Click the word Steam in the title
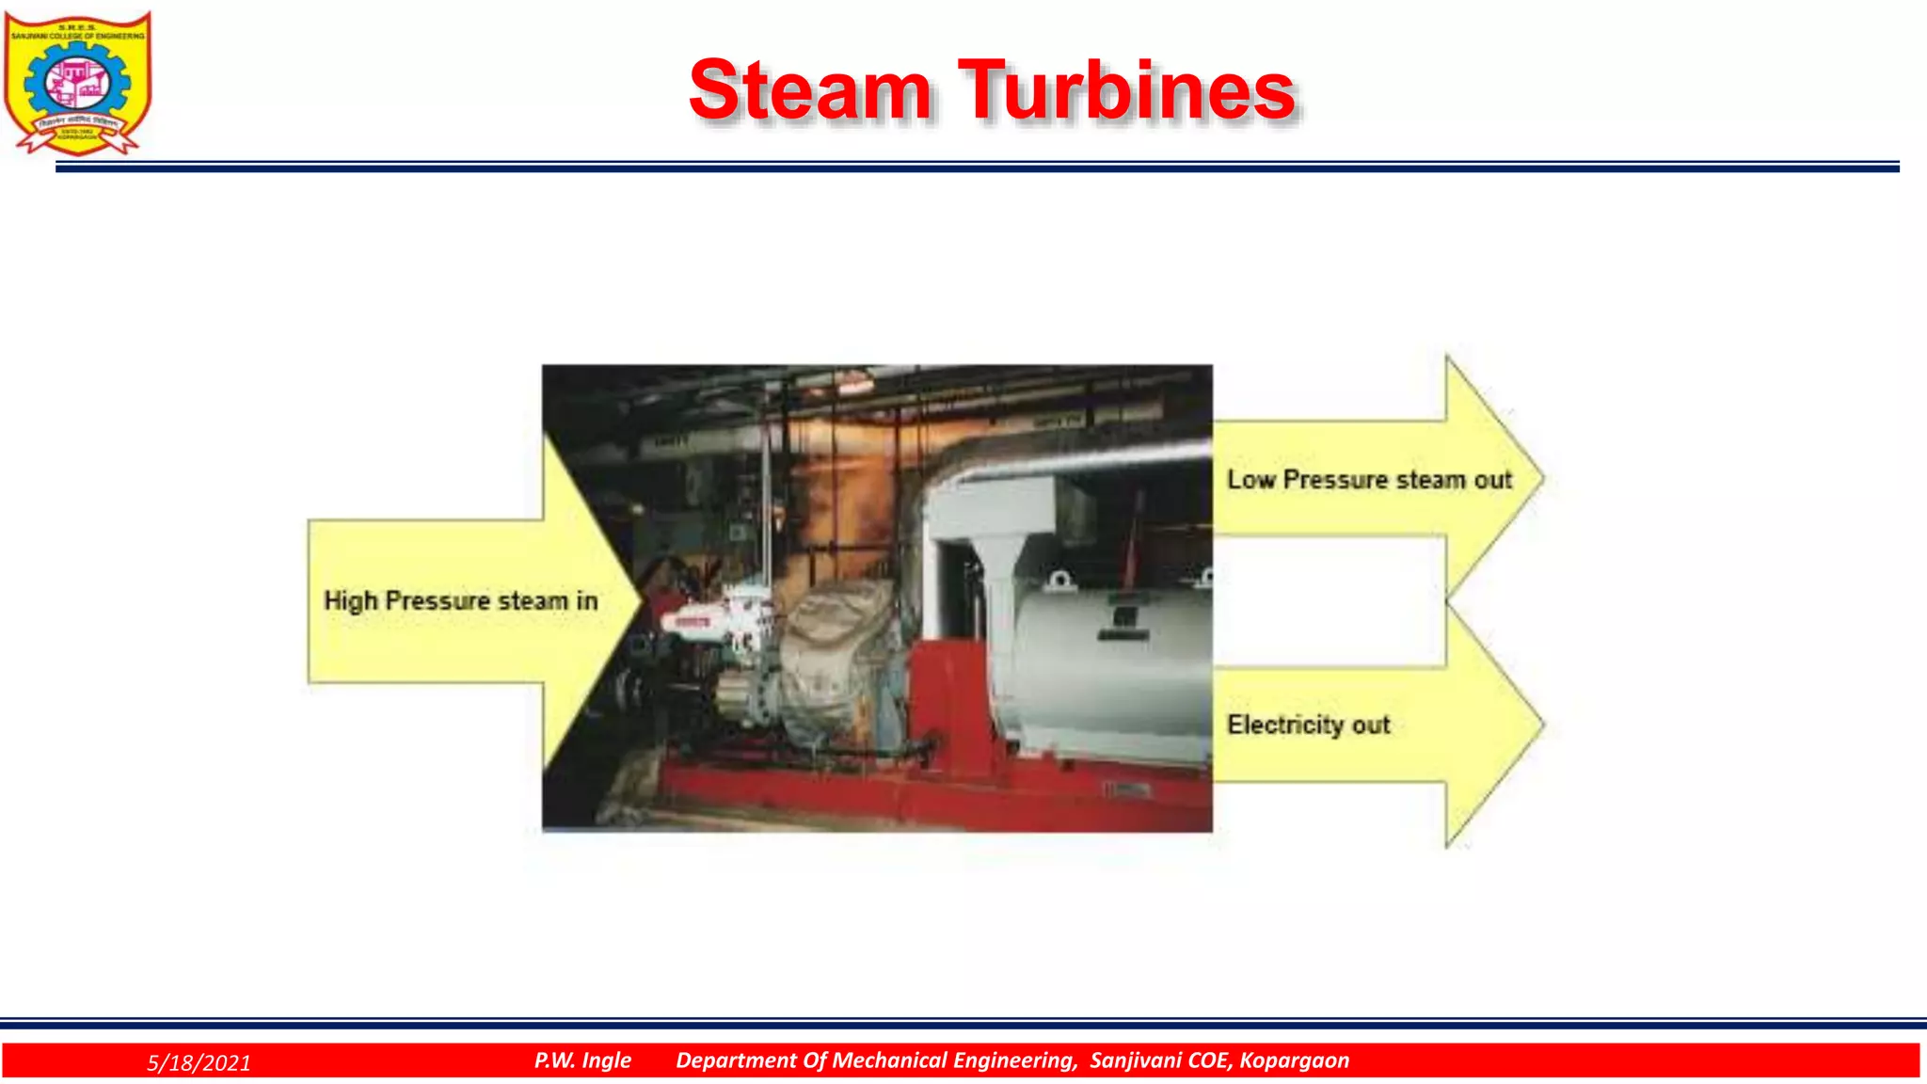[x=810, y=90]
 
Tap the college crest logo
[x=77, y=83]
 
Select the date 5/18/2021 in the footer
[x=199, y=1062]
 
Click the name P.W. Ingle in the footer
[x=582, y=1060]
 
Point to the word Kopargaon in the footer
[x=1294, y=1060]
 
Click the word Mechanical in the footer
[x=892, y=1060]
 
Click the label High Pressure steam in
[x=460, y=601]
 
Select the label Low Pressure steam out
[x=1369, y=480]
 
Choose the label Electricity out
[x=1308, y=725]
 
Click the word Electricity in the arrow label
[x=1285, y=725]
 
